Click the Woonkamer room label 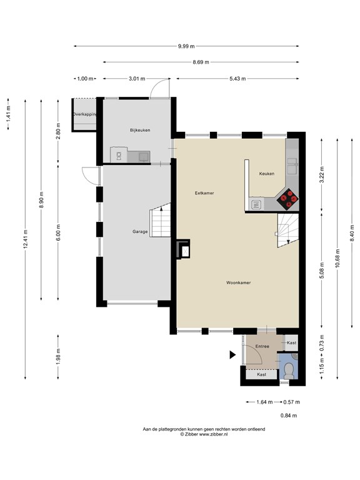pos(239,282)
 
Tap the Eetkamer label pos(204,193)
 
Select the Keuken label pos(267,174)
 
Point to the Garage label pos(140,232)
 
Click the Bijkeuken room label pos(140,130)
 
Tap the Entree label pos(262,346)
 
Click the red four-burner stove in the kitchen pos(287,199)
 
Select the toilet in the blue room pos(289,370)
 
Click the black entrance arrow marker pos(232,355)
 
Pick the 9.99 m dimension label pos(186,46)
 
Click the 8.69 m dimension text pos(201,62)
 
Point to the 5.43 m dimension pos(237,79)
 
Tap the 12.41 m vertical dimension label pos(26,239)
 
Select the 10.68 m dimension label pos(337,259)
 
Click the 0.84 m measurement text pos(289,416)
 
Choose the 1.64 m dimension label pos(264,402)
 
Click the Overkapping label pos(84,114)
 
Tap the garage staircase pos(160,220)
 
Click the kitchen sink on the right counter pos(292,166)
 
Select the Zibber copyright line pos(204,434)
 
